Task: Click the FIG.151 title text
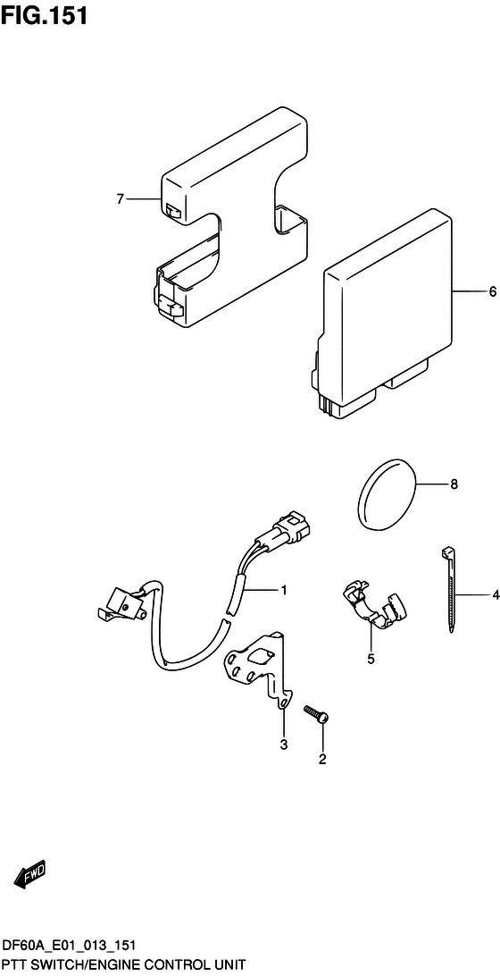click(x=44, y=15)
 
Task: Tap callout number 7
click(x=121, y=199)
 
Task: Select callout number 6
click(x=492, y=290)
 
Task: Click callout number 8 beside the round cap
click(x=454, y=484)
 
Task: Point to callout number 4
click(x=496, y=595)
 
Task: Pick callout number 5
click(x=371, y=660)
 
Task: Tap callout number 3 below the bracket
click(x=283, y=745)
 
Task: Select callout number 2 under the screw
click(x=322, y=759)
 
